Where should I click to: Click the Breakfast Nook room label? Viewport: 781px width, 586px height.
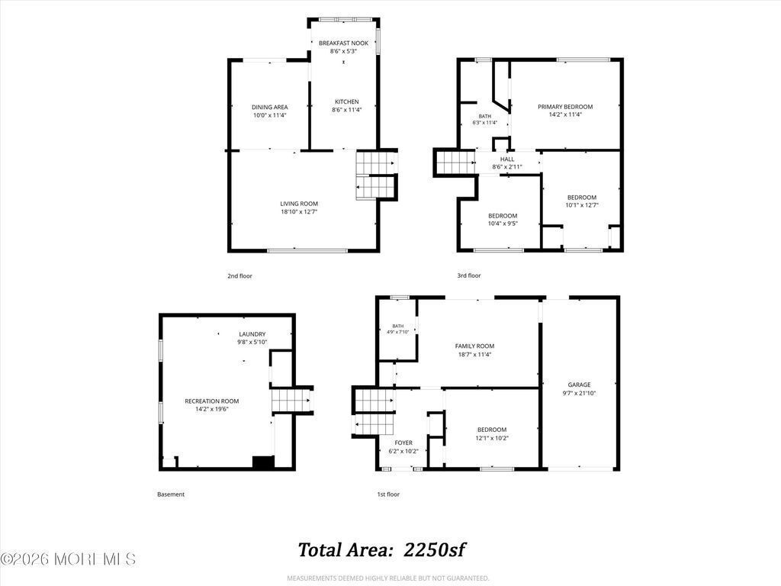344,43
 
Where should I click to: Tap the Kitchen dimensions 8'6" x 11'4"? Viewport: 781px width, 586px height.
347,110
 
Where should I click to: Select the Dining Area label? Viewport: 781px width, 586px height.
269,107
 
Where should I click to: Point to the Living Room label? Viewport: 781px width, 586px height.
299,204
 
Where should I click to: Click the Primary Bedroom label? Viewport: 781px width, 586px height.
565,107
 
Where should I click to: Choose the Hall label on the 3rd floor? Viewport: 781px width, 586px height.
507,159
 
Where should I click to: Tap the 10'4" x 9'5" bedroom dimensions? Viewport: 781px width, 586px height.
503,224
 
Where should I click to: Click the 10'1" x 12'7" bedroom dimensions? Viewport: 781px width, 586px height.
582,205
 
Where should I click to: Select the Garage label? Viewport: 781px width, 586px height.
580,385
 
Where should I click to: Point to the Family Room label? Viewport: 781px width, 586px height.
474,346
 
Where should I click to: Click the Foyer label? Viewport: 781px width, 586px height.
403,443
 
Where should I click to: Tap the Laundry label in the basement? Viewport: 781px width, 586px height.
252,334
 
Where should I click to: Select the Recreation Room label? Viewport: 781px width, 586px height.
212,401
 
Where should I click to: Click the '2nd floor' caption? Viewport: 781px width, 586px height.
240,276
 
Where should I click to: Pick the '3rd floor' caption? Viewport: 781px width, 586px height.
469,275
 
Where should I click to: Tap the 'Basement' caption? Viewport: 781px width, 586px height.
171,494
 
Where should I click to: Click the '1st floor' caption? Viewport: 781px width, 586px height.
388,494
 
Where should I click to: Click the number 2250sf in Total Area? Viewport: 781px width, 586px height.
434,550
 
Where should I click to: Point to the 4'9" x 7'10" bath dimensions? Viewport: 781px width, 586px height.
398,332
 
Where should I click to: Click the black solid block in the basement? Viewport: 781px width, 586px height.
263,462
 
